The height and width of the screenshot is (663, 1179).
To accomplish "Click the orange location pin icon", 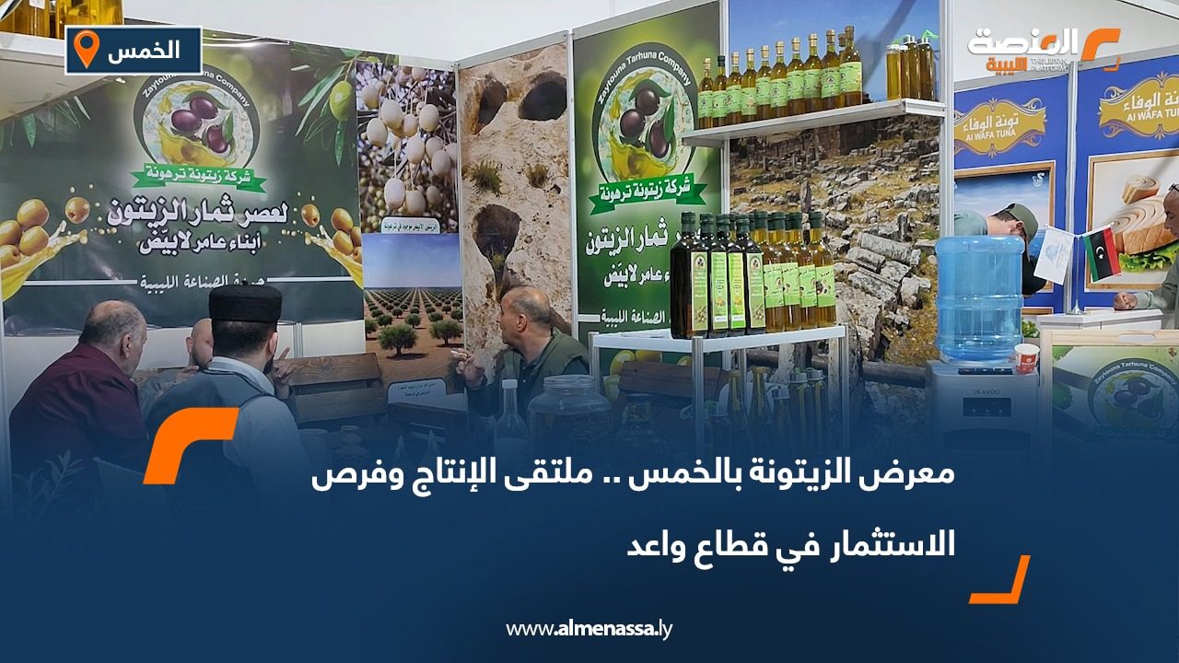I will click(x=86, y=49).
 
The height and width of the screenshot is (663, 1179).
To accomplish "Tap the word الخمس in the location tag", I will click(x=143, y=50).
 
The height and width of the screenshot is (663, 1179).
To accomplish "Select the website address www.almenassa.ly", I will click(x=589, y=629).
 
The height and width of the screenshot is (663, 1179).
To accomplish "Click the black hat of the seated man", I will click(x=245, y=303).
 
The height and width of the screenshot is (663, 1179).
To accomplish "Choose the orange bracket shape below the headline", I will click(x=1000, y=580).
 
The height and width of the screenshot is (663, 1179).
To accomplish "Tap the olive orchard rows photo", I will click(x=412, y=313).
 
